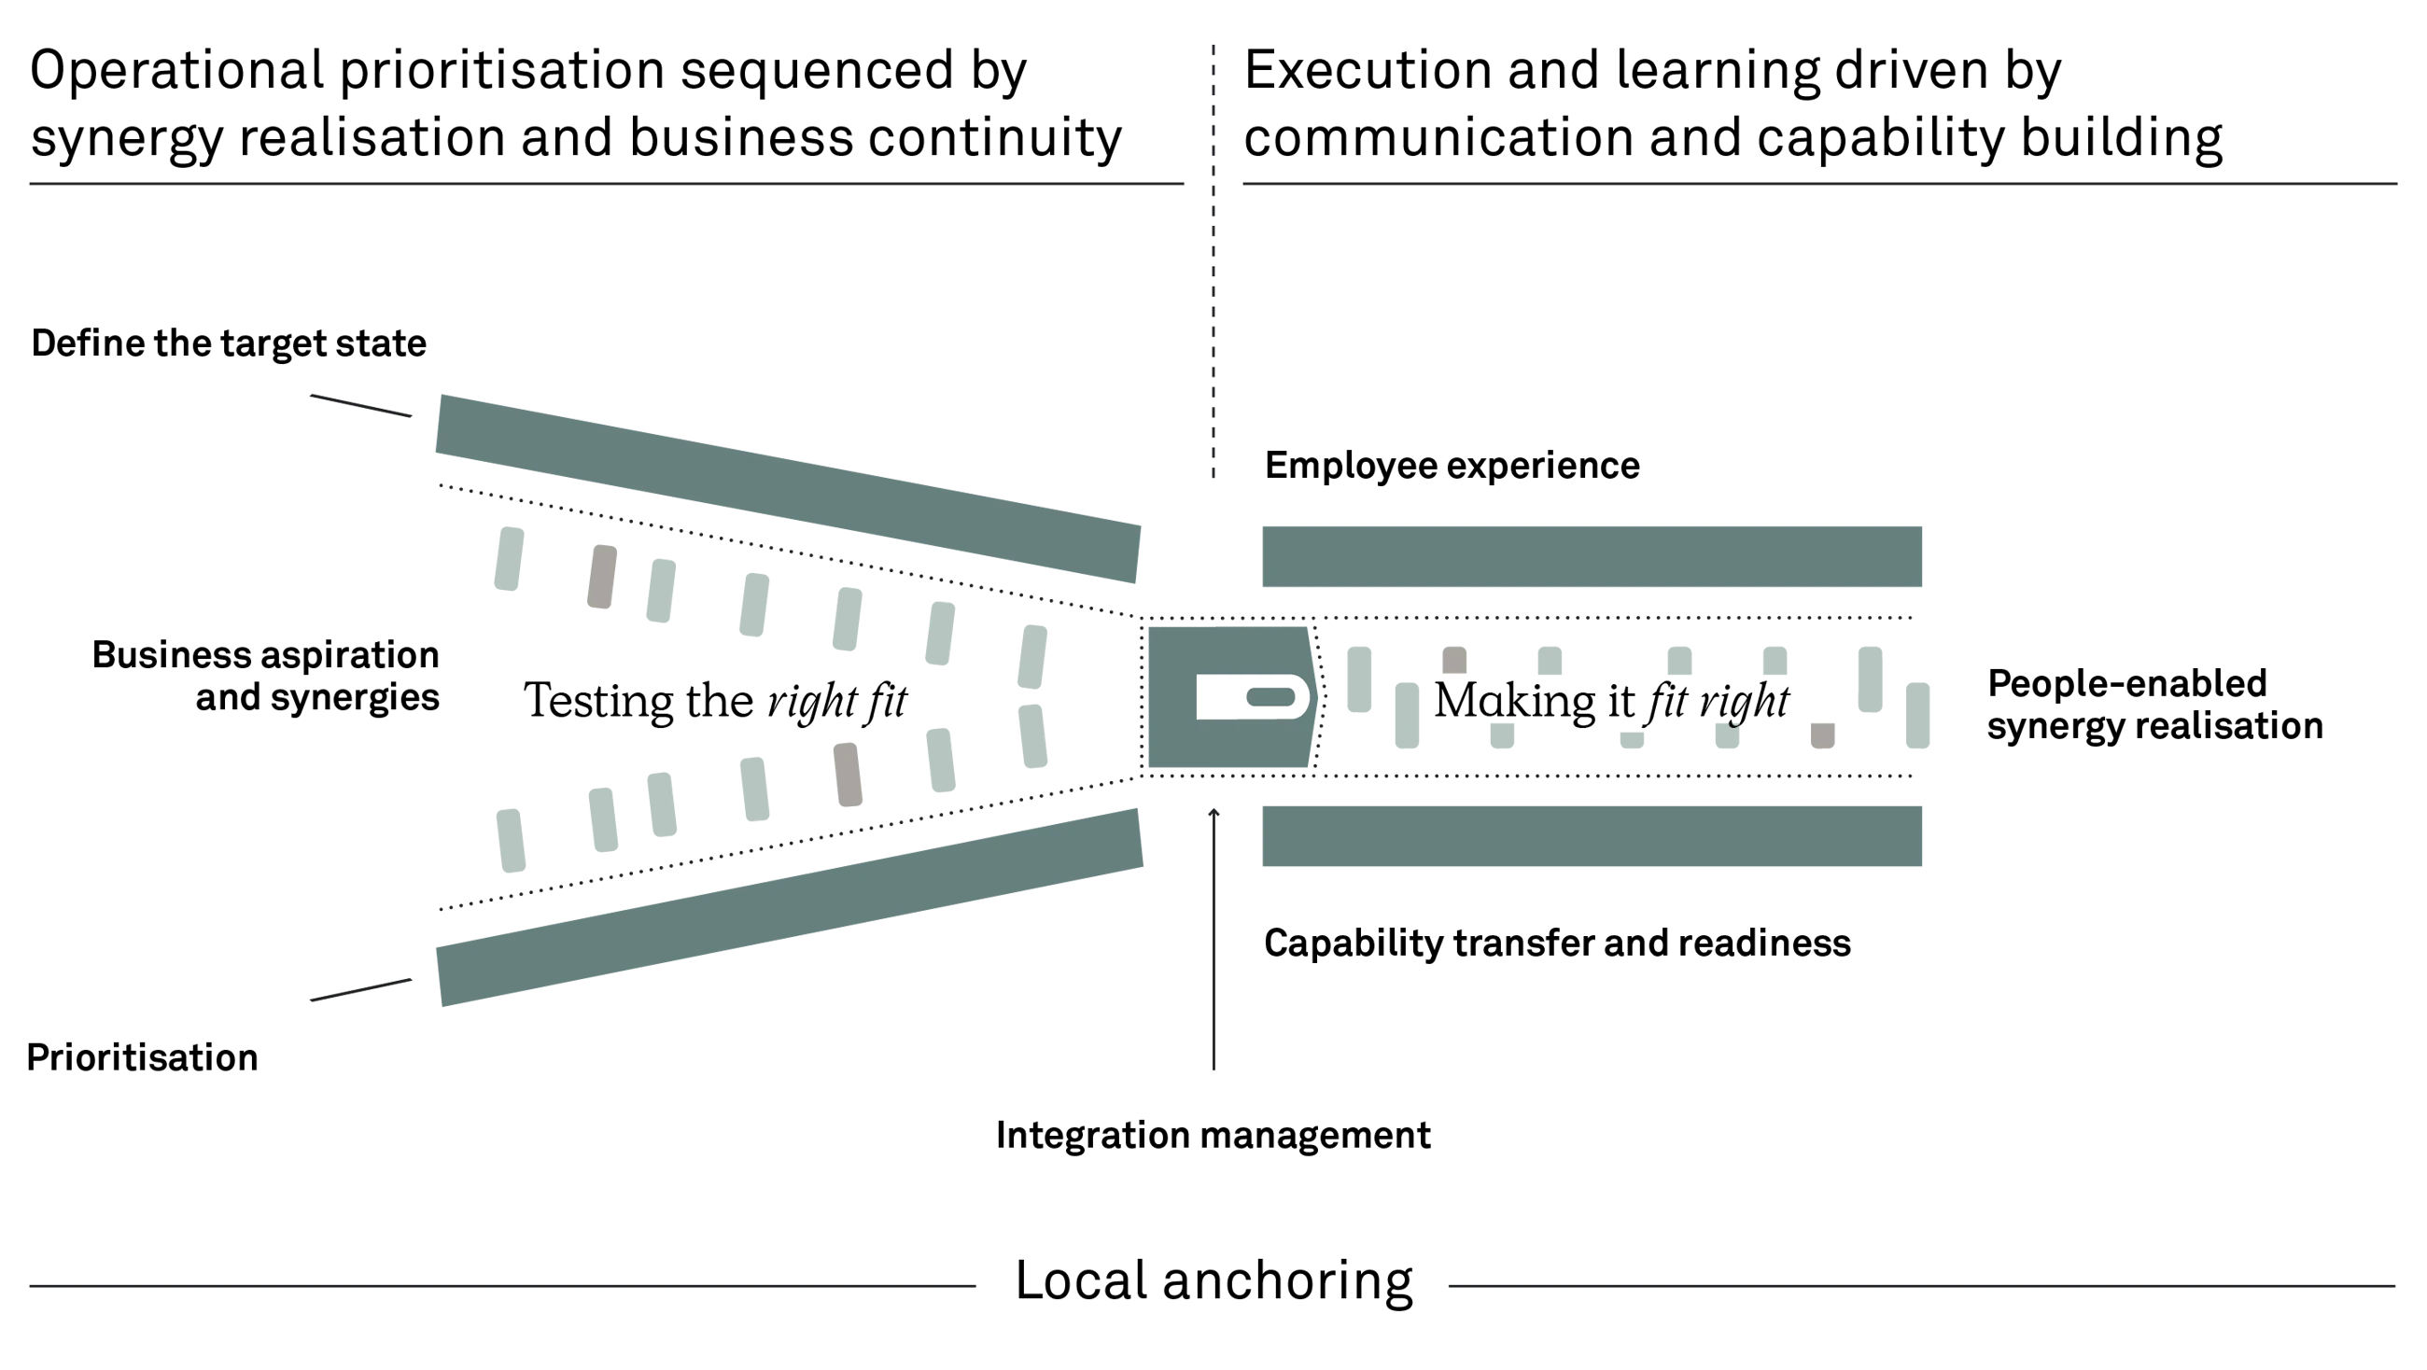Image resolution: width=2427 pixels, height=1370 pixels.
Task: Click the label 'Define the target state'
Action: pyautogui.click(x=229, y=344)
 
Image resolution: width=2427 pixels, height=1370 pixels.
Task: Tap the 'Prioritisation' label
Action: pyautogui.click(x=142, y=1057)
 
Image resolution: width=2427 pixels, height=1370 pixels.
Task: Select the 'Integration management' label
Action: pyautogui.click(x=1213, y=1137)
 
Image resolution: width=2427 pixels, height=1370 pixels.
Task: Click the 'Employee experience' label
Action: pyautogui.click(x=1452, y=467)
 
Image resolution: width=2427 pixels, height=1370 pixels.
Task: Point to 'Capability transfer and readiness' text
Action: pyautogui.click(x=1557, y=944)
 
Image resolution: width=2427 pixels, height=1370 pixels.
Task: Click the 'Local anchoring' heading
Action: pyautogui.click(x=1213, y=1281)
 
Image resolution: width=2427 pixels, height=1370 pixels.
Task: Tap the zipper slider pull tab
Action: pyautogui.click(x=1253, y=697)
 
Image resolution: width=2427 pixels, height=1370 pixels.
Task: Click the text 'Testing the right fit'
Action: pyautogui.click(x=715, y=702)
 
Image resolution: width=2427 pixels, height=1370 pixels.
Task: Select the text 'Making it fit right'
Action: pyautogui.click(x=1611, y=702)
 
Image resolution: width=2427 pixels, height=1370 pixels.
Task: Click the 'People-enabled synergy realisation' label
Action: pyautogui.click(x=2154, y=705)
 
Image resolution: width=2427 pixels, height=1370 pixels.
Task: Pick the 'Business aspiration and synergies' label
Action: pyautogui.click(x=266, y=677)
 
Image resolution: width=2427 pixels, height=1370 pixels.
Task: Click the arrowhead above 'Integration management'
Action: pyautogui.click(x=1213, y=812)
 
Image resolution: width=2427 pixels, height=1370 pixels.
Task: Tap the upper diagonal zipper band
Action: pyautogui.click(x=788, y=488)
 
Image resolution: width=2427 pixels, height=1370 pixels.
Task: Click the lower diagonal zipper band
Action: pyautogui.click(x=790, y=906)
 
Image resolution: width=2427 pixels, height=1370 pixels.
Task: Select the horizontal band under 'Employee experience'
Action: pyautogui.click(x=1592, y=557)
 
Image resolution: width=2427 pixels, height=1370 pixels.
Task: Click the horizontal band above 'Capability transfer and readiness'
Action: pyautogui.click(x=1592, y=836)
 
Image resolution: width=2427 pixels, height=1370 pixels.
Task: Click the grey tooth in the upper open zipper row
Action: pyautogui.click(x=602, y=577)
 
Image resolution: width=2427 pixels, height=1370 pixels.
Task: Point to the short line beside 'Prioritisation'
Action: pyautogui.click(x=361, y=989)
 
